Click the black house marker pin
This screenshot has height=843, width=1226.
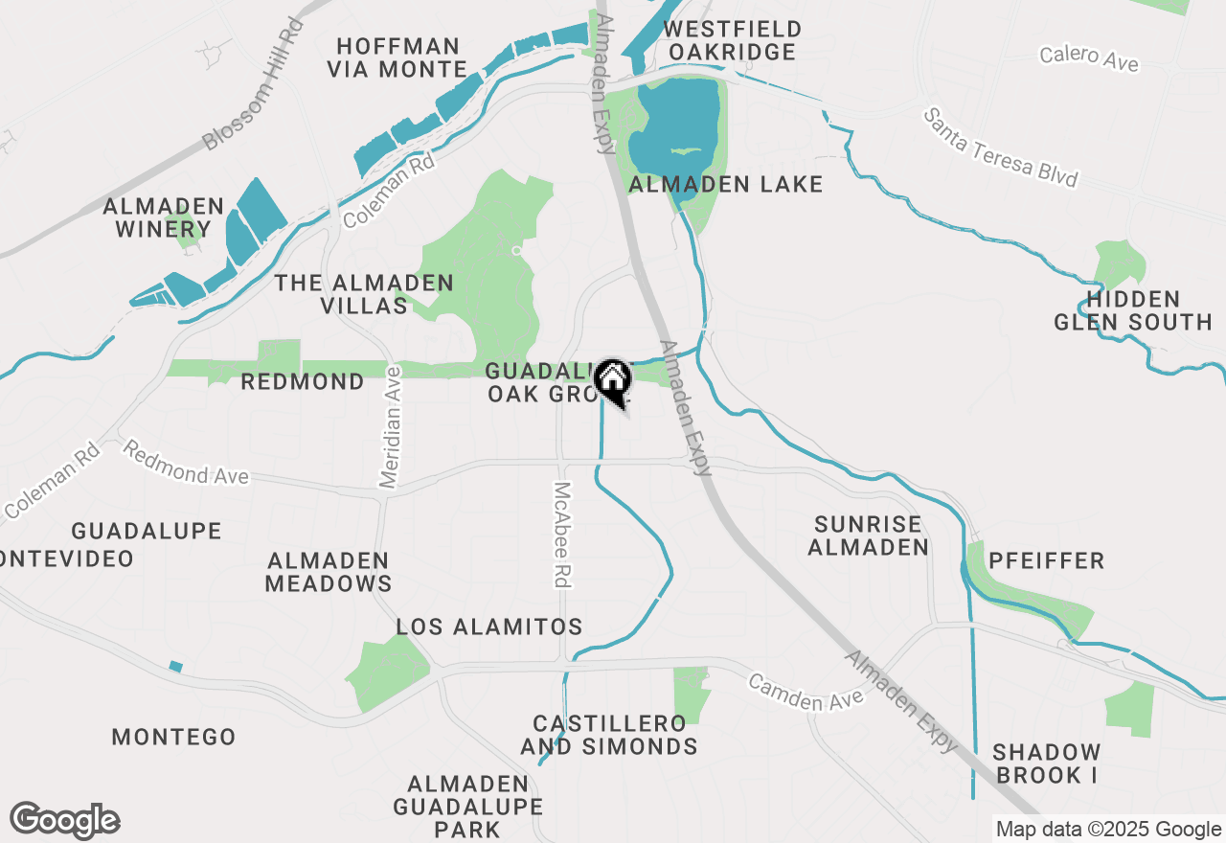tap(613, 381)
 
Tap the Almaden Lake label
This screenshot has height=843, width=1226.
tap(726, 184)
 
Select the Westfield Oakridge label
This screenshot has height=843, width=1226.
tap(733, 40)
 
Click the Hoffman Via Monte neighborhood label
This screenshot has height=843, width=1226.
tap(397, 57)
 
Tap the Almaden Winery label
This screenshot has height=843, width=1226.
tap(164, 217)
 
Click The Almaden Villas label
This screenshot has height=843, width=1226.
tap(364, 294)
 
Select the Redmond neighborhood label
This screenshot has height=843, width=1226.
tap(303, 382)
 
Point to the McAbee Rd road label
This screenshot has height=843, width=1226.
tap(562, 534)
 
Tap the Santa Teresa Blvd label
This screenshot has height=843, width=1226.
tap(1001, 148)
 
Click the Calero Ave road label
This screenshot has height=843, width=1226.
tap(1090, 57)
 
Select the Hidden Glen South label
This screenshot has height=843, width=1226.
tap(1133, 310)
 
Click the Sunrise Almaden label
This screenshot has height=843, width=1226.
tap(869, 535)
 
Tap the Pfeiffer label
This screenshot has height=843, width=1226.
tap(1046, 560)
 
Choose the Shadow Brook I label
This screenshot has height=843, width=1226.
tap(1046, 763)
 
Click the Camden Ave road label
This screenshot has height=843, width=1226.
tap(806, 694)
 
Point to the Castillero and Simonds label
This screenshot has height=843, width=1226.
tap(609, 735)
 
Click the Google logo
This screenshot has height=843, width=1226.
tap(65, 821)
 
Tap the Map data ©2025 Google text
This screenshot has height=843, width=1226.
tap(1108, 830)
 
